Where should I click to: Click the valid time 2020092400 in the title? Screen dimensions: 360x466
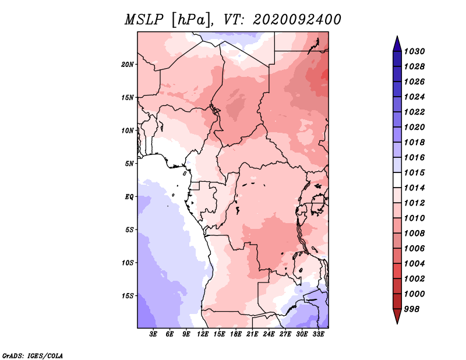(x=296, y=20)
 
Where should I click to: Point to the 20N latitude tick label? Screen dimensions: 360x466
(x=128, y=64)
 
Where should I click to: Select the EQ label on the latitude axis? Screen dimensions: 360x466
(x=129, y=196)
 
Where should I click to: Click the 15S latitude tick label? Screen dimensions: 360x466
(x=128, y=295)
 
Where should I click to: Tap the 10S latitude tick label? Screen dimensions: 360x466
(x=128, y=263)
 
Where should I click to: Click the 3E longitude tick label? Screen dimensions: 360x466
(x=154, y=334)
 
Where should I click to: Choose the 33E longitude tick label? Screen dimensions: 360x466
(x=318, y=334)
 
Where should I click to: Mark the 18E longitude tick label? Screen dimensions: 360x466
(x=236, y=334)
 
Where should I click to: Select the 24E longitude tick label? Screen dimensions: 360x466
(x=269, y=334)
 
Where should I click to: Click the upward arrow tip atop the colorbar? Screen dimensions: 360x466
(x=397, y=38)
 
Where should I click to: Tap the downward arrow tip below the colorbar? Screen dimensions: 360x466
(x=397, y=322)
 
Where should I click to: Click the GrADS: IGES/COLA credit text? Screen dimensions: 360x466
(x=33, y=355)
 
